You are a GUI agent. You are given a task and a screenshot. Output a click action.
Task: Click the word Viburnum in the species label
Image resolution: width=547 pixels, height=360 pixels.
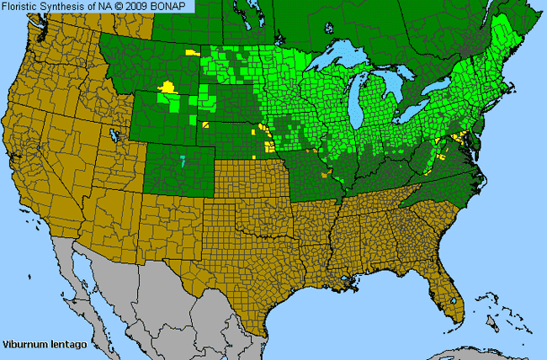click(23, 345)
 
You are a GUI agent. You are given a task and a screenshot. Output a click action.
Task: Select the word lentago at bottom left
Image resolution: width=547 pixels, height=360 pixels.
click(61, 345)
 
